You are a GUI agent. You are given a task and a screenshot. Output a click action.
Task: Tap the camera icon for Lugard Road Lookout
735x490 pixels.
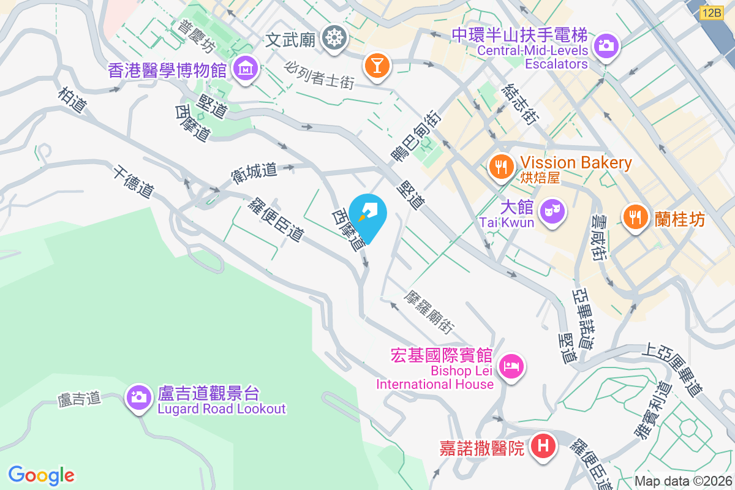pos(139,397)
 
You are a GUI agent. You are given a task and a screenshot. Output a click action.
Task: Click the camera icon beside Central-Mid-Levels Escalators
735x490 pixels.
pos(606,45)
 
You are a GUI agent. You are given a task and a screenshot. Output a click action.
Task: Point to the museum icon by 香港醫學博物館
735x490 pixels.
pos(246,69)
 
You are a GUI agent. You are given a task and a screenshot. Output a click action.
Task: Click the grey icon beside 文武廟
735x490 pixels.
pos(334,38)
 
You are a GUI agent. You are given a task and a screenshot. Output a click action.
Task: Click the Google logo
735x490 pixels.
pos(42,475)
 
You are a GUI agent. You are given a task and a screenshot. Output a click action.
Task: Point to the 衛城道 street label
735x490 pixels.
pos(254,171)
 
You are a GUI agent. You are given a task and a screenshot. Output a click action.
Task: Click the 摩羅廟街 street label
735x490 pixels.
pos(429,312)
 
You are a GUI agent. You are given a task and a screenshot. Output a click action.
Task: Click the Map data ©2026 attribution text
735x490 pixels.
pos(682,481)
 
